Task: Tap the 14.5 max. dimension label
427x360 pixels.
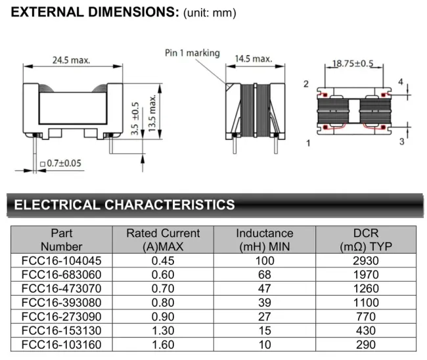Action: (x=253, y=58)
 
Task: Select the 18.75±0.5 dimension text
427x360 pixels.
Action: (x=352, y=63)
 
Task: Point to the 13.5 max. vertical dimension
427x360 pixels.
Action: (x=153, y=114)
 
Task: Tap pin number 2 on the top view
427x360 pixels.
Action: (x=306, y=84)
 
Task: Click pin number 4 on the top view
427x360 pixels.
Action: (x=400, y=81)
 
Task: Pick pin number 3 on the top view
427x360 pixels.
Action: (x=401, y=141)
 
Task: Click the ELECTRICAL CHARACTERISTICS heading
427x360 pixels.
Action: (x=124, y=205)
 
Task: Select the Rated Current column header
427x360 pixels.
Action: (x=163, y=240)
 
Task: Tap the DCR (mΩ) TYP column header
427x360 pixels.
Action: (x=366, y=240)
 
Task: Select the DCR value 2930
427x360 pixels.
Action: (x=366, y=260)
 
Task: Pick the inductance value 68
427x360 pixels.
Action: (x=265, y=274)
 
